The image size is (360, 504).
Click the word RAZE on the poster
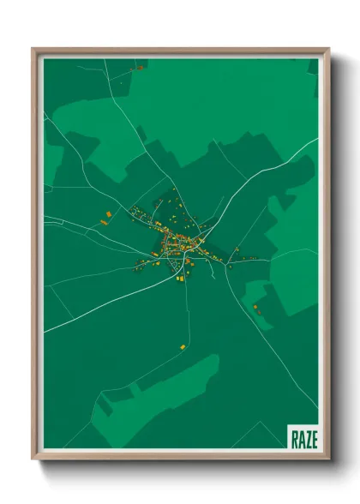(303, 439)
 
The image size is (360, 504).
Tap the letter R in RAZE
(295, 439)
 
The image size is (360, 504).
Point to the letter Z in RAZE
(308, 439)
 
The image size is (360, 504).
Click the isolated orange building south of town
(183, 346)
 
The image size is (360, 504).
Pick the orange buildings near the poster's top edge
(137, 67)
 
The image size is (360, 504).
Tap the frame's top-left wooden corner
(35, 51)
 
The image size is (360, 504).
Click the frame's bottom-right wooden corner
(326, 456)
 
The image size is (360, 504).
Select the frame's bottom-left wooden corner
(35, 456)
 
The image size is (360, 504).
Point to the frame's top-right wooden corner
(326, 51)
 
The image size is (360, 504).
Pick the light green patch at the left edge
(53, 163)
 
